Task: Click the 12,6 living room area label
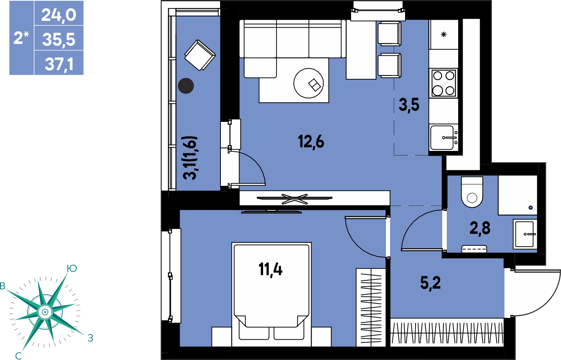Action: (x=311, y=142)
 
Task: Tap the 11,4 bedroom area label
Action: (x=271, y=270)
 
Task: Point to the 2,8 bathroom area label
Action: (x=480, y=228)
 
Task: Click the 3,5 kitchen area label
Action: (x=409, y=105)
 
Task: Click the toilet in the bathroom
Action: (x=472, y=192)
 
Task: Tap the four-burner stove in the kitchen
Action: (x=443, y=83)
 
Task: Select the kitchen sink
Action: (x=443, y=137)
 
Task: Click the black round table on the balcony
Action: (x=186, y=86)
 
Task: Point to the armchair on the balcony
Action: (x=200, y=55)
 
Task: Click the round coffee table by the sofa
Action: (x=309, y=83)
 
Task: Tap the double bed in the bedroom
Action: (x=271, y=294)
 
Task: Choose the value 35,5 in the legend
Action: (x=59, y=40)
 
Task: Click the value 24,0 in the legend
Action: (x=59, y=15)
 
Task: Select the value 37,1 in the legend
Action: (x=59, y=64)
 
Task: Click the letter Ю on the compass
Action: (x=72, y=268)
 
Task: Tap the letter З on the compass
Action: (x=91, y=338)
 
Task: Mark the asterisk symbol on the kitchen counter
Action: (x=443, y=34)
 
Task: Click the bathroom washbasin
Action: (x=525, y=234)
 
